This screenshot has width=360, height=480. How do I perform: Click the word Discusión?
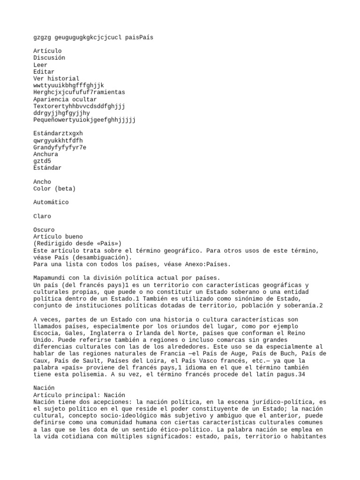[49, 58]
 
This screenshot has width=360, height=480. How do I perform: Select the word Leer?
[40, 65]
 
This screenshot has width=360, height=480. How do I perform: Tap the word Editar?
[44, 72]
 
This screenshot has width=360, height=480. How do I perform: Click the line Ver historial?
[56, 79]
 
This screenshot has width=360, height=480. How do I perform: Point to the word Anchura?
[45, 154]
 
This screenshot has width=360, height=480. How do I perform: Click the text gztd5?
[42, 161]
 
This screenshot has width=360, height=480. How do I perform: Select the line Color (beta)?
[54, 188]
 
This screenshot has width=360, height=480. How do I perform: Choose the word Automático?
[51, 202]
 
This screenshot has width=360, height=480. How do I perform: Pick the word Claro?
[42, 216]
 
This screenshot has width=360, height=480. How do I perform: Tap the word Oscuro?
[44, 230]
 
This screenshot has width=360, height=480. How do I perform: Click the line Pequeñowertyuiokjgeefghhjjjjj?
[84, 120]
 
